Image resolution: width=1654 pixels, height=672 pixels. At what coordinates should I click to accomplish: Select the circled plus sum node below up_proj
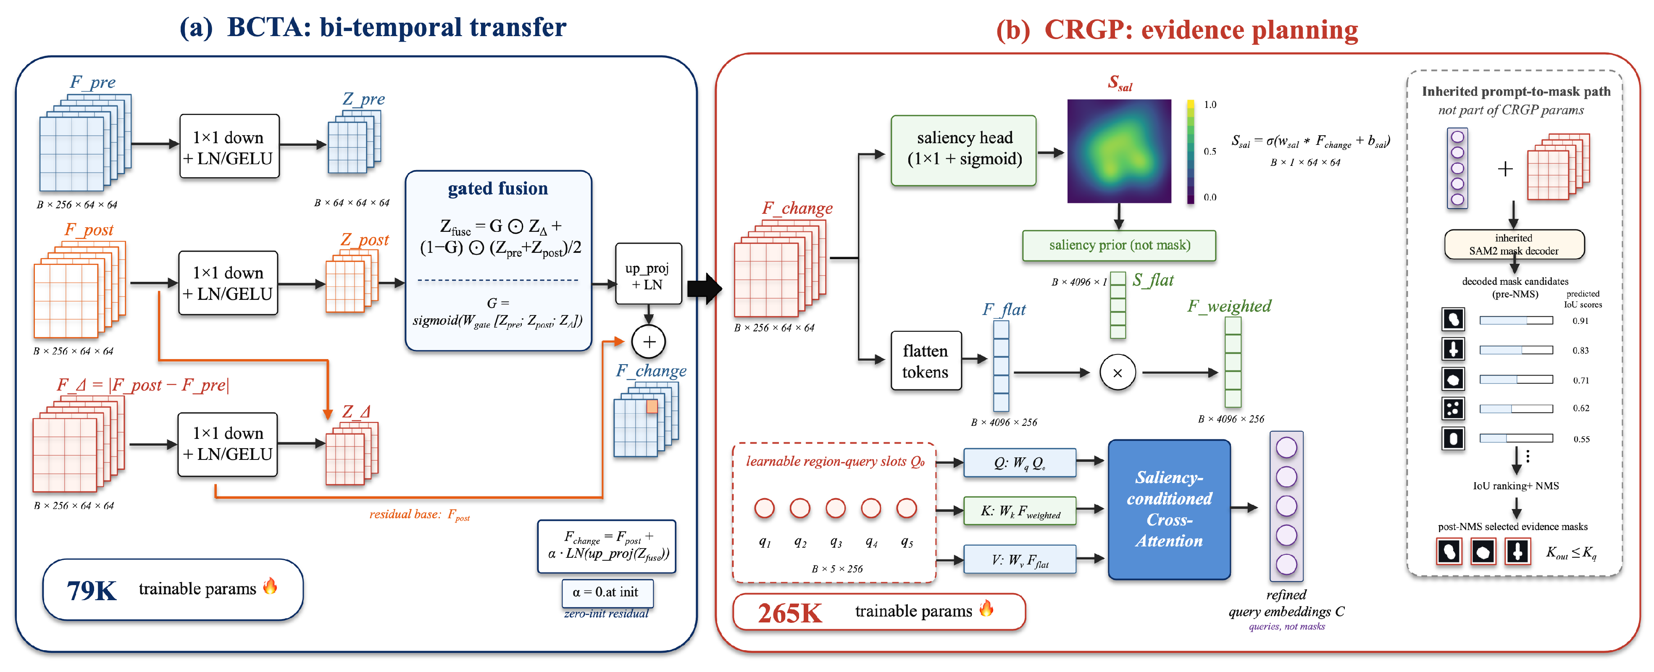[x=649, y=341]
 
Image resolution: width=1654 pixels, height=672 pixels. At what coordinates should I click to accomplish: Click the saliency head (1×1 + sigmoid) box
[x=963, y=150]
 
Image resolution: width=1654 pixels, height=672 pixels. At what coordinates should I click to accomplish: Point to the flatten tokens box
[x=926, y=361]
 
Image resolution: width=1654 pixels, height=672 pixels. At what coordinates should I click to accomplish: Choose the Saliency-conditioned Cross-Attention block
[x=1169, y=509]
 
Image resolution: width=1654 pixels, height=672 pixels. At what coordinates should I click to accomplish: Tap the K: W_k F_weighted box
[x=1020, y=511]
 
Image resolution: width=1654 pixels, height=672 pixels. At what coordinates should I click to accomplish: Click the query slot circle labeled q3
[x=835, y=508]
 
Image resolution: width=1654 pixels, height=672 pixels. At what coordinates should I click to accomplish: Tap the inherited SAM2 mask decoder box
[x=1514, y=244]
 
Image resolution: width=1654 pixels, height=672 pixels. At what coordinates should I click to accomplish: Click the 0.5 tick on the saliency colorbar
[x=1210, y=152]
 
